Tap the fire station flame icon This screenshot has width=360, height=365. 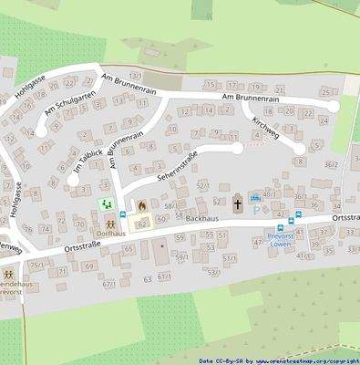pos(140,205)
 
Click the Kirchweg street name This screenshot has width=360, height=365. pos(263,129)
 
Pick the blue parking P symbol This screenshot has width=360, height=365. pos(254,210)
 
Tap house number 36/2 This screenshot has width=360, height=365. pos(330,164)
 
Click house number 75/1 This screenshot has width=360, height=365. pos(36,264)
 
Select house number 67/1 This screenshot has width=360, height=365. pos(109,284)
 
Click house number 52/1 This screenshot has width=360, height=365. pos(202,185)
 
